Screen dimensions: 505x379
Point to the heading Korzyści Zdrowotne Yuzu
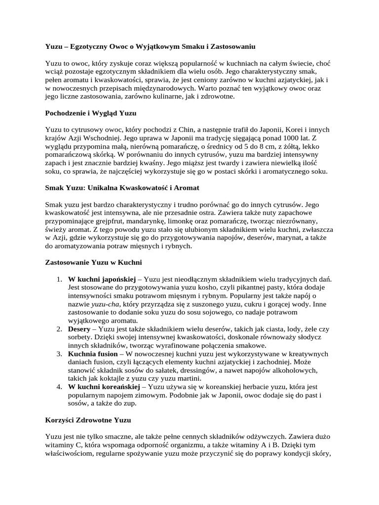88,420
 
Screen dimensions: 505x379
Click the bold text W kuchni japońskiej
102,280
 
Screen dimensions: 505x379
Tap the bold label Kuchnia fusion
93,354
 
